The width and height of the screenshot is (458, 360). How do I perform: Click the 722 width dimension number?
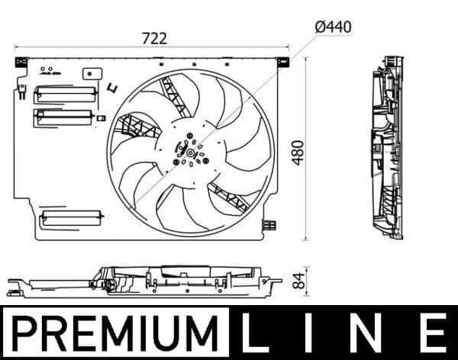click(153, 37)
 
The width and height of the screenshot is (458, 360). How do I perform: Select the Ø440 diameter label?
click(333, 27)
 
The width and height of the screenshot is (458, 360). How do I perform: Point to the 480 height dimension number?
click(297, 153)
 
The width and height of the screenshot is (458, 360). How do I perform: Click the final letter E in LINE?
click(433, 334)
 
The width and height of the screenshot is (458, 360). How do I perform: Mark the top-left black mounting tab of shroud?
click(21, 62)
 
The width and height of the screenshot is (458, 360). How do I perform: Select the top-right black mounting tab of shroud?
click(282, 61)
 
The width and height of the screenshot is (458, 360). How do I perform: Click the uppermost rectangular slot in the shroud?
click(65, 94)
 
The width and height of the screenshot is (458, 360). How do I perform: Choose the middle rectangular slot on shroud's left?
click(63, 117)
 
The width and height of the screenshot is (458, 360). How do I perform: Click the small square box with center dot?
click(95, 75)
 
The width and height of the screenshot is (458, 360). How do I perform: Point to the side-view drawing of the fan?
click(385, 146)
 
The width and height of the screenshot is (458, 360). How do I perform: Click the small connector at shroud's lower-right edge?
click(269, 224)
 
